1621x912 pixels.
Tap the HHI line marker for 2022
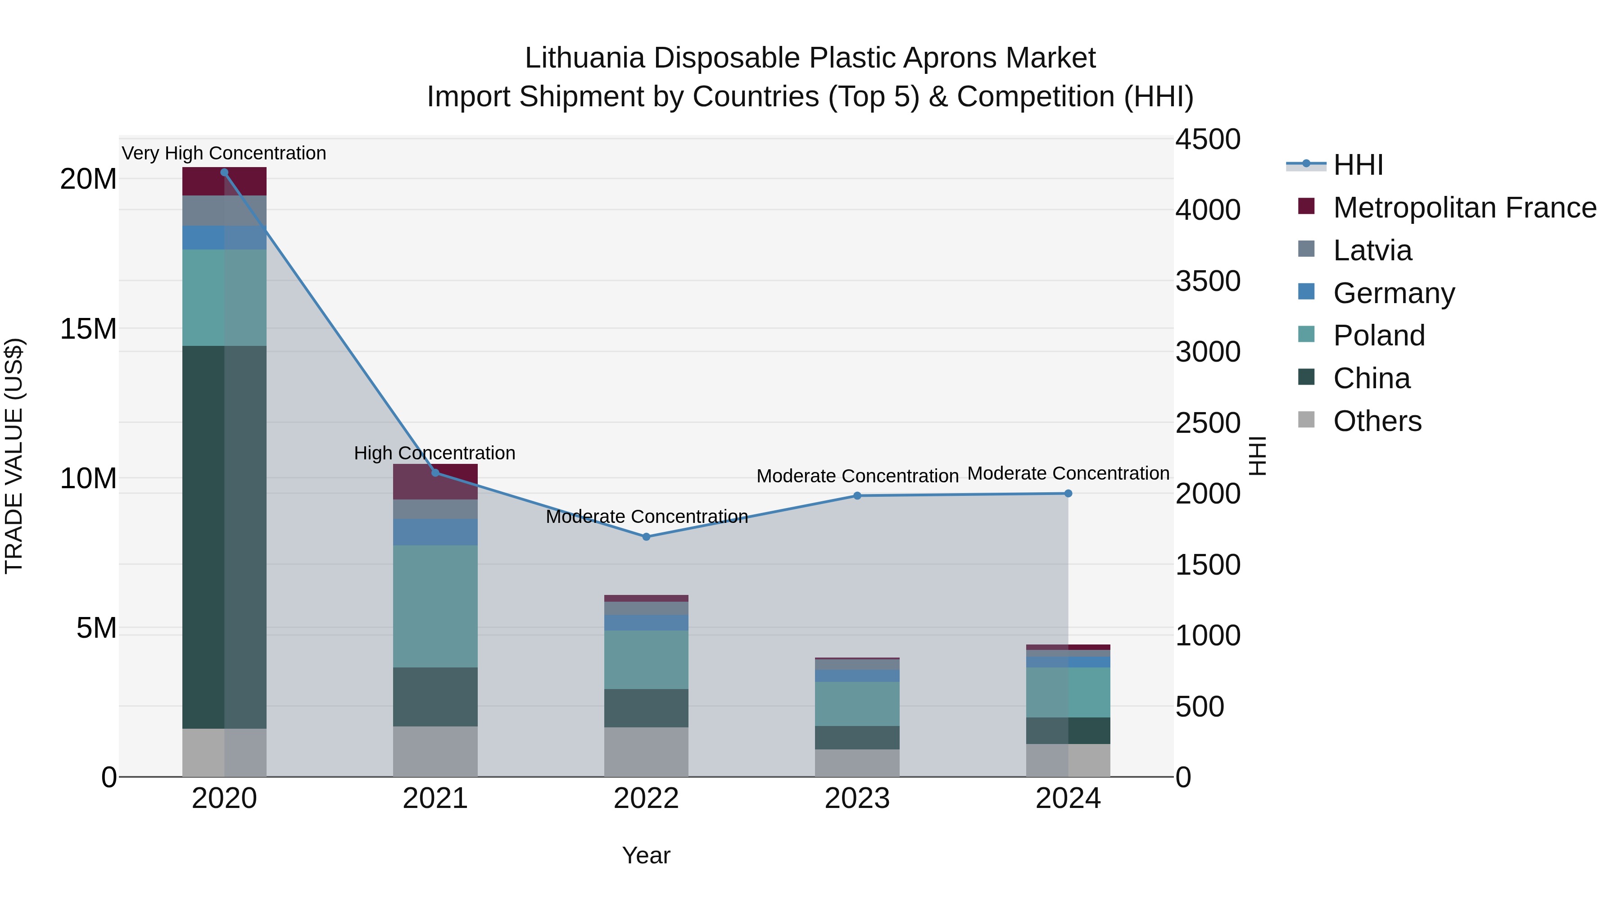646,537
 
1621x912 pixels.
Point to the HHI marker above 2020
224,172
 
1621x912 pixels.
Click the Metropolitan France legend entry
1464,208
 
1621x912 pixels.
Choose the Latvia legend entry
1372,250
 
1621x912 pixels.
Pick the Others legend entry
1377,421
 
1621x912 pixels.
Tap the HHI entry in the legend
1358,165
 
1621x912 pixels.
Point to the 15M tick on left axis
88,329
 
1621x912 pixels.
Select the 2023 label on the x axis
856,799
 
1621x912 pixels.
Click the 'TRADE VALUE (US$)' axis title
14,456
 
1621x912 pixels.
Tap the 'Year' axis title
646,855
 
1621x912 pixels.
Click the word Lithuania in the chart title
584,58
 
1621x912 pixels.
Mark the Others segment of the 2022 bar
646,752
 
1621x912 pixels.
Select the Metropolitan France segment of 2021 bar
435,481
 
